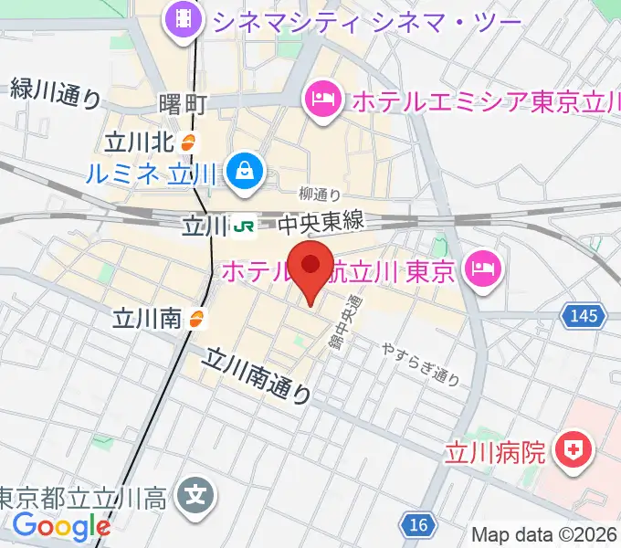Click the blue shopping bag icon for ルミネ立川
[247, 170]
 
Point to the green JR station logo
[244, 224]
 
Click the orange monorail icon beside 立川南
[196, 318]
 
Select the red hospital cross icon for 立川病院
[575, 449]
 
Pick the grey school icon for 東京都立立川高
[195, 497]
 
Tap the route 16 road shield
[417, 524]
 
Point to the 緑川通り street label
[56, 93]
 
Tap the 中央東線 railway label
[321, 222]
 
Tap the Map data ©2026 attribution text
[544, 534]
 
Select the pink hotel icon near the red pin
[480, 267]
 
